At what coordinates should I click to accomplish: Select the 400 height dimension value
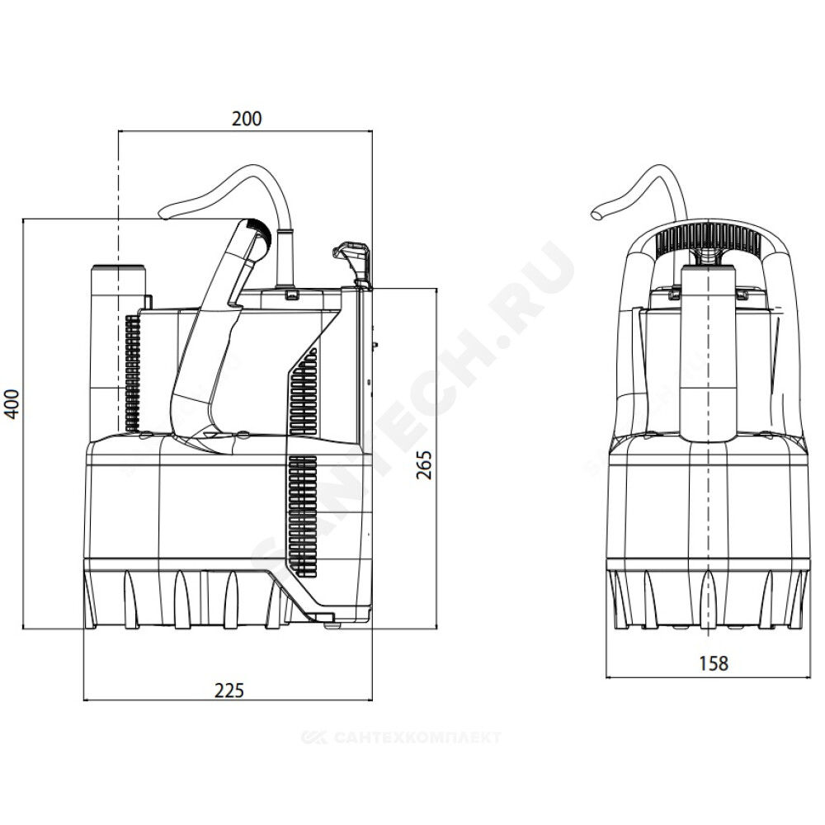coord(12,403)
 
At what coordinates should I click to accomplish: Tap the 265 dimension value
coord(424,464)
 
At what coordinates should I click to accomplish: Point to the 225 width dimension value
coord(229,690)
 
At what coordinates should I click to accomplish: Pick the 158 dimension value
coord(714,663)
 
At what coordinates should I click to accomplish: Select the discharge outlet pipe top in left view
coord(118,268)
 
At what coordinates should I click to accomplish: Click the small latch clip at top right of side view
coord(351,257)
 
